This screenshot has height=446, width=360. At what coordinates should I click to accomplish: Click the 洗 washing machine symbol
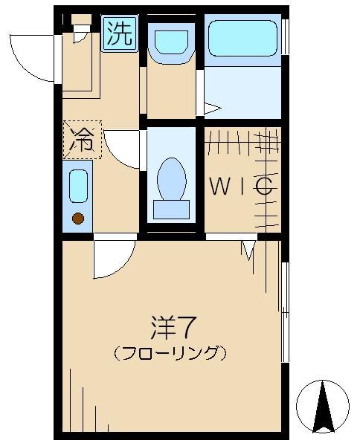tap(120, 34)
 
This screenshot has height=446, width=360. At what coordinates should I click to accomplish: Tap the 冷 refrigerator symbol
tap(81, 139)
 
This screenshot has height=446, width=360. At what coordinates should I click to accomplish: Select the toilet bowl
tap(172, 177)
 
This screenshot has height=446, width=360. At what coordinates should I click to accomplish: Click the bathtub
tap(241, 39)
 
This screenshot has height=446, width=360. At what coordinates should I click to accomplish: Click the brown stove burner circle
tap(78, 218)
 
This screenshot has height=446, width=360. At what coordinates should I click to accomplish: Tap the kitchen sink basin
tap(78, 186)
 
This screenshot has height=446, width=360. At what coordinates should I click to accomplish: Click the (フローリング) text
tap(170, 352)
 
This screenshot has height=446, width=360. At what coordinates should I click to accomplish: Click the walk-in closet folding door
tap(248, 250)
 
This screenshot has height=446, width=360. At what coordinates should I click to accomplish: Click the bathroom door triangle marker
tap(212, 109)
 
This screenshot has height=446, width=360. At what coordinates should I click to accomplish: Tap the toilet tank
tap(171, 209)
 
